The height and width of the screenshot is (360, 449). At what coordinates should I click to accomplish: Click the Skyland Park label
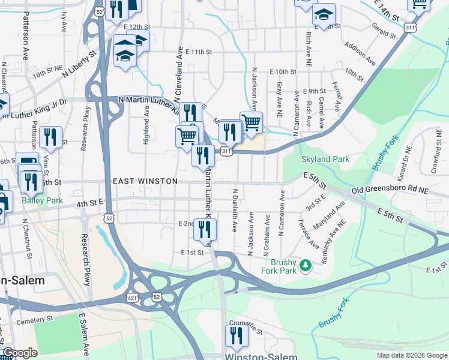(325, 160)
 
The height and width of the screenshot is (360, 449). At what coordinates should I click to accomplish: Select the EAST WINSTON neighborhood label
(145, 181)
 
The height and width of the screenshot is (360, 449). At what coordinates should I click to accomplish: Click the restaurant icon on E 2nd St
(205, 228)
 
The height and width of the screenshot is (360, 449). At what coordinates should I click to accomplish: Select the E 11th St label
(199, 52)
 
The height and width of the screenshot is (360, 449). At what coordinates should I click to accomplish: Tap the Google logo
(20, 353)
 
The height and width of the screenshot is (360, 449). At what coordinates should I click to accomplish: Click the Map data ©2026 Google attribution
(411, 355)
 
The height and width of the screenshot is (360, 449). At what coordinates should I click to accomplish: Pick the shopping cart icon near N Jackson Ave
(251, 122)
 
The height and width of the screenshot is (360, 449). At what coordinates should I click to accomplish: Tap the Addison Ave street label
(360, 53)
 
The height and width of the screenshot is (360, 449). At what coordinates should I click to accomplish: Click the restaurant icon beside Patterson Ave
(50, 137)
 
